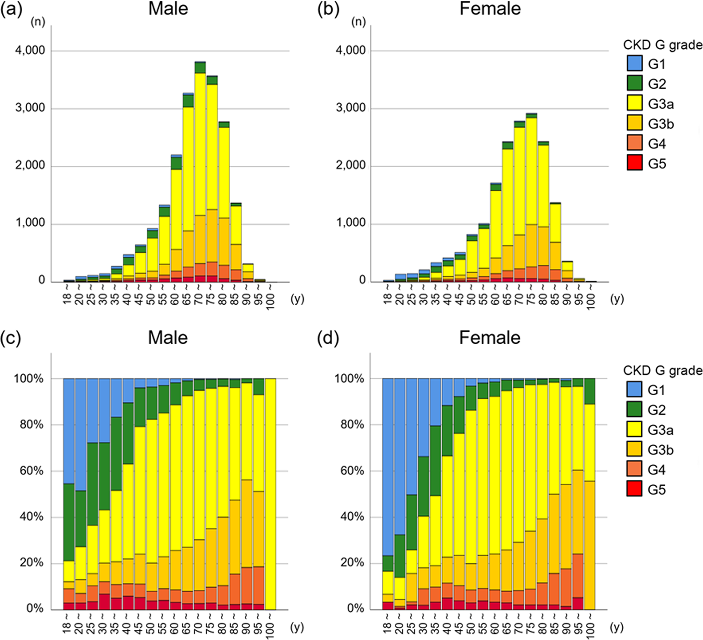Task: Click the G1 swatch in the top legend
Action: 634,63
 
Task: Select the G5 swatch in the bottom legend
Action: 634,489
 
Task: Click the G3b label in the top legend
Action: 661,124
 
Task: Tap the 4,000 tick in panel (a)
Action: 30,51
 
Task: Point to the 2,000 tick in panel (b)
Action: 351,166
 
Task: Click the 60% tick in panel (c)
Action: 32,471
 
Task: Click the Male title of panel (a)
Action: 168,9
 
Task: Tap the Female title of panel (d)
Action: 490,338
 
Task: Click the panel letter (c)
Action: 11,338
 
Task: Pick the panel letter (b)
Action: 328,9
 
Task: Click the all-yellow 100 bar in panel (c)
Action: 270,493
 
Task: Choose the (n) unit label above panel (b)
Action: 358,22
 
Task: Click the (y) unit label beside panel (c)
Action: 297,627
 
